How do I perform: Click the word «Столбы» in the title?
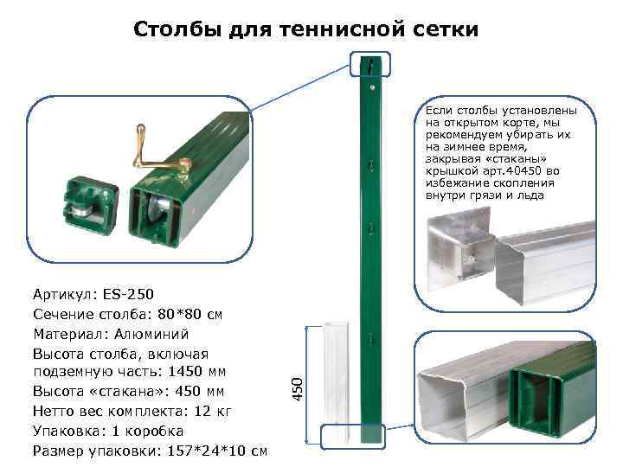177,29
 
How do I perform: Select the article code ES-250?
128,294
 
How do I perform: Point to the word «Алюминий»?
151,335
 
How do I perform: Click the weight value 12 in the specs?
202,411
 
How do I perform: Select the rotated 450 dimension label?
297,389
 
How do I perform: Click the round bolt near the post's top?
372,86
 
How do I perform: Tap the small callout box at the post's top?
370,64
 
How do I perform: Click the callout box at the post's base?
353,437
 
